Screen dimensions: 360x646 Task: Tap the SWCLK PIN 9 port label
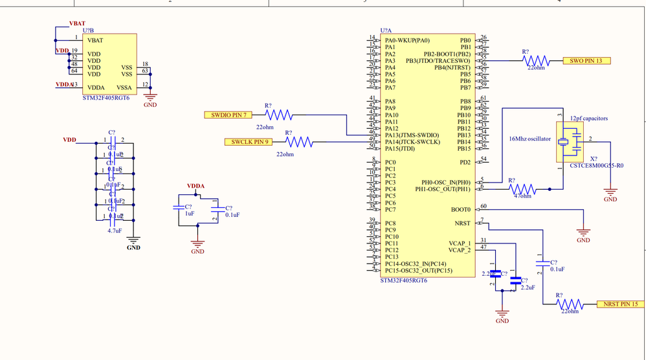tap(248, 142)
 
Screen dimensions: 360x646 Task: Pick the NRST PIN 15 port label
tap(620, 304)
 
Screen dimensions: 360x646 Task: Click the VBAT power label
tap(77, 23)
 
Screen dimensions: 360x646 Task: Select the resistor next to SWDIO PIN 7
tap(279, 115)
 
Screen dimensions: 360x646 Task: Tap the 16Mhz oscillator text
tap(529, 139)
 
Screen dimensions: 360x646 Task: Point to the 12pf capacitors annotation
tap(589, 118)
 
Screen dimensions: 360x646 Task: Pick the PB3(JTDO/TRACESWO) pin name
tap(438, 61)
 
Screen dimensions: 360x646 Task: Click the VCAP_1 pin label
tap(460, 243)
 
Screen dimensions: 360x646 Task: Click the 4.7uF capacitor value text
tap(114, 231)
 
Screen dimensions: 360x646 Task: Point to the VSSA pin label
tap(124, 87)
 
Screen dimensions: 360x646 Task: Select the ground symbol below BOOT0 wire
tap(583, 233)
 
